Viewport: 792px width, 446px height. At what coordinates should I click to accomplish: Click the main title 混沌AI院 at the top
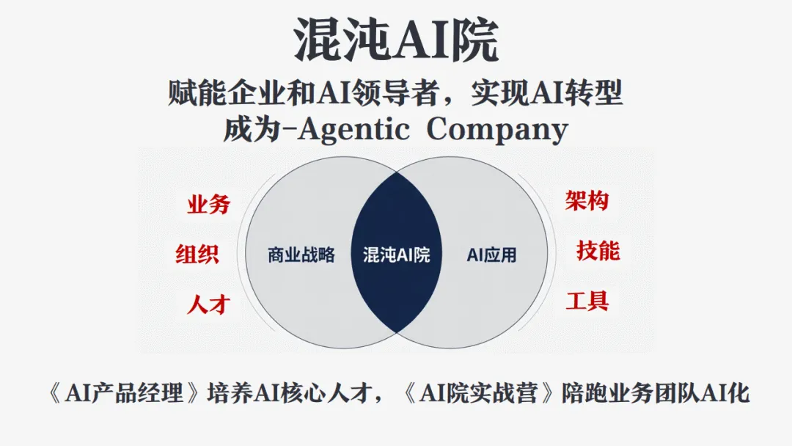[x=396, y=40]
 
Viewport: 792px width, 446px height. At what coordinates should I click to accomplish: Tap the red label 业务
[x=208, y=205]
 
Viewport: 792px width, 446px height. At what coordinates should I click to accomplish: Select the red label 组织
[x=197, y=254]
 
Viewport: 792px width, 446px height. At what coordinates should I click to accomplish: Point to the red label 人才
[x=208, y=303]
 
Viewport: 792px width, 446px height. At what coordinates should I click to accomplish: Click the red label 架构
[x=587, y=200]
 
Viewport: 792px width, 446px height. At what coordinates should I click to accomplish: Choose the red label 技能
[x=598, y=250]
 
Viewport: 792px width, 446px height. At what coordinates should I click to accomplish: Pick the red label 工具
[x=587, y=300]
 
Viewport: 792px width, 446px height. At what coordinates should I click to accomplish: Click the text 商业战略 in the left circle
[x=301, y=255]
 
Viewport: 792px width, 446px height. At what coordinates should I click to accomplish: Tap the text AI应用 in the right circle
[x=491, y=255]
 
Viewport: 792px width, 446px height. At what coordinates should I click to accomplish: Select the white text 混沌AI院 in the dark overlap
[x=396, y=255]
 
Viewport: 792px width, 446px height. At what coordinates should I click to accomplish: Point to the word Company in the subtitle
[x=497, y=131]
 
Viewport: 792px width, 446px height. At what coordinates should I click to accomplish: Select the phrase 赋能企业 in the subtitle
[x=212, y=94]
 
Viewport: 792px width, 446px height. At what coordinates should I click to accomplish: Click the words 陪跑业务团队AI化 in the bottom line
[x=656, y=394]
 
